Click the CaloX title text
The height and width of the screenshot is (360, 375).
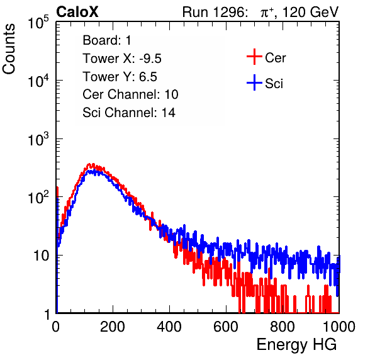pos(77,12)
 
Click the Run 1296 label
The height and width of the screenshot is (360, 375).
pos(215,12)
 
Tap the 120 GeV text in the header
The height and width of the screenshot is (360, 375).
pos(310,12)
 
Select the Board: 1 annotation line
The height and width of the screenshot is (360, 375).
pos(107,40)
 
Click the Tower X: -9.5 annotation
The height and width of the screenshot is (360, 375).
pos(122,59)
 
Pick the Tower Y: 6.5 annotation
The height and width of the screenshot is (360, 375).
pos(120,77)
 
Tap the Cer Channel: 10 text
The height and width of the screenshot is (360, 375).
pos(130,94)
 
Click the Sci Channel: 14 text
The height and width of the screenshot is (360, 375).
pos(129,113)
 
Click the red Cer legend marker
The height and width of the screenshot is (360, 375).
pos(254,57)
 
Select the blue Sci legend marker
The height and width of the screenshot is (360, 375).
pos(254,83)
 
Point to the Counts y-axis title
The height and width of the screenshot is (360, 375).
pos(9,49)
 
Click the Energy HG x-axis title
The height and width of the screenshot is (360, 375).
pos(296,345)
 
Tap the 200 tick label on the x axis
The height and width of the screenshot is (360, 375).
pos(113,327)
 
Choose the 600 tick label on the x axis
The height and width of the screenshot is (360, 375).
pos(226,327)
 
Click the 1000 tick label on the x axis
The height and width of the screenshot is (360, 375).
pos(339,327)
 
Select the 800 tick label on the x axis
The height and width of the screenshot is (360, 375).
pos(283,327)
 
